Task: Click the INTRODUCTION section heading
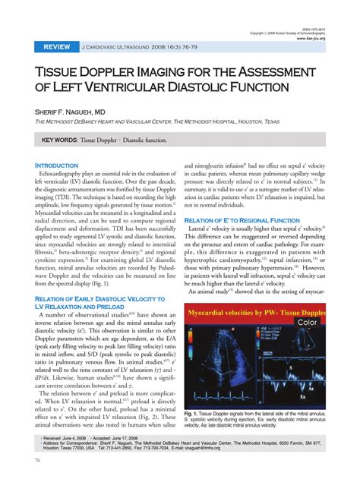pyautogui.click(x=57, y=165)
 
